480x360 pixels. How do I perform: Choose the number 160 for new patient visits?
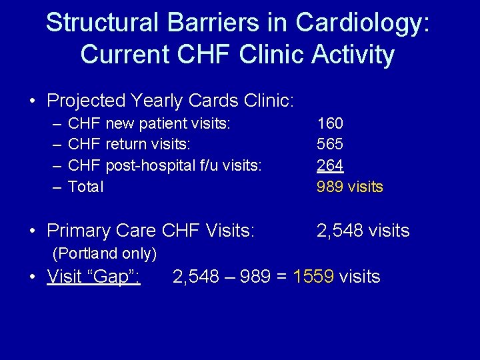(330, 123)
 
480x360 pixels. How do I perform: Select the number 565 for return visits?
(330, 145)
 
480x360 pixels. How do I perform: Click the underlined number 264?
(330, 166)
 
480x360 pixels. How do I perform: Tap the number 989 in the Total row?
(330, 187)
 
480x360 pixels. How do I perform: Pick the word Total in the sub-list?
(86, 187)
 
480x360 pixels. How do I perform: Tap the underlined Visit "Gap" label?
(93, 276)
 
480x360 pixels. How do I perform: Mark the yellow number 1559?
(314, 276)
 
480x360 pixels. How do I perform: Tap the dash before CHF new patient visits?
(55, 123)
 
